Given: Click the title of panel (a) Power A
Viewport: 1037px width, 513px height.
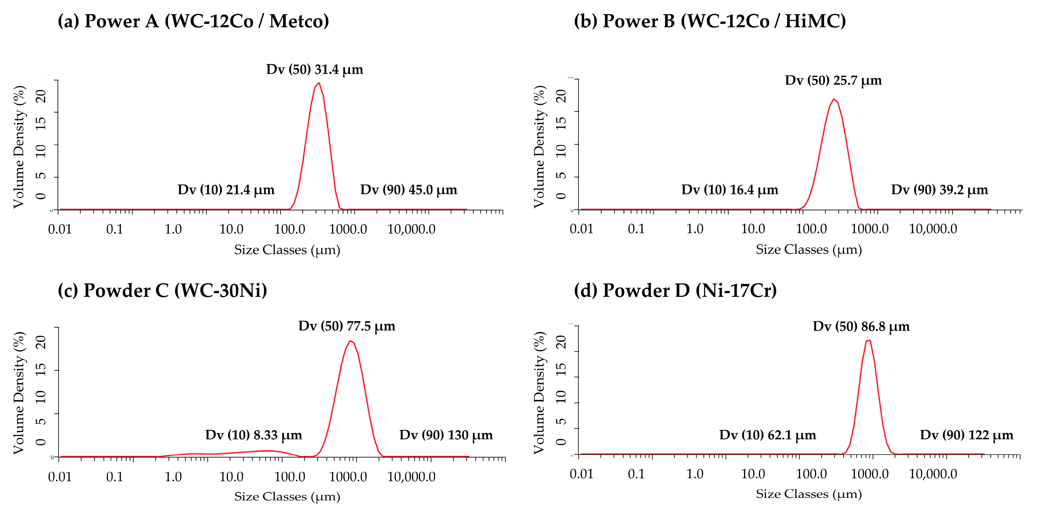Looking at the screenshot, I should [x=193, y=21].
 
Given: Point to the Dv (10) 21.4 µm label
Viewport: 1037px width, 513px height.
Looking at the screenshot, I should [x=226, y=189].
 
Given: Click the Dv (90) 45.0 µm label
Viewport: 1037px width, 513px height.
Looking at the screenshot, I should [x=409, y=189].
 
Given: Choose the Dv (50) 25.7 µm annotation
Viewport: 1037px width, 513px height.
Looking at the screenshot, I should [x=833, y=80].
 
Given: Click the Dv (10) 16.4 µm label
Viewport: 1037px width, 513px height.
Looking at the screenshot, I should [x=730, y=189].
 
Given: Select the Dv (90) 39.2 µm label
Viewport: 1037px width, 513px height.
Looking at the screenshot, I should [x=939, y=189].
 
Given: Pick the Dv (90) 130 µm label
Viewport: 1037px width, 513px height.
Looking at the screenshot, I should [x=446, y=435].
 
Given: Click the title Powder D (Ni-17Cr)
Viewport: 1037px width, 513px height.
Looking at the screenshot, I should [x=675, y=290].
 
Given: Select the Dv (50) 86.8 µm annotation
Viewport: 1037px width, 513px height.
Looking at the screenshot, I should [x=861, y=326].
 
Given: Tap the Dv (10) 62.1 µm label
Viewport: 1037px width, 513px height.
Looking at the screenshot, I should [x=767, y=435].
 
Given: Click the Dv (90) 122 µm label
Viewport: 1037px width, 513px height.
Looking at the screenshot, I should [x=966, y=435].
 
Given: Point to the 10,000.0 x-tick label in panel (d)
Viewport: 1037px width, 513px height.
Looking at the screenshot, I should [x=933, y=474].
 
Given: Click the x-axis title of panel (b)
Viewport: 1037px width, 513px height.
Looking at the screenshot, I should [x=808, y=250].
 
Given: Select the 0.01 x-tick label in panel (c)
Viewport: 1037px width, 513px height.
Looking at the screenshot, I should [x=60, y=477].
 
